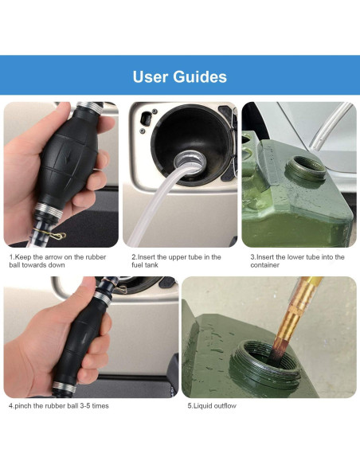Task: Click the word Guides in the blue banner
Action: tap(200, 76)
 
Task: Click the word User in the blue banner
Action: tap(151, 76)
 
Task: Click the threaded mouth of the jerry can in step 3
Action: tap(305, 168)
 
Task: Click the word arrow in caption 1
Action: tap(57, 257)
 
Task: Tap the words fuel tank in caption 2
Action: tap(145, 265)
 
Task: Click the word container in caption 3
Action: tap(264, 265)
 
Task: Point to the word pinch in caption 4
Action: tap(22, 406)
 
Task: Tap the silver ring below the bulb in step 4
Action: tap(64, 387)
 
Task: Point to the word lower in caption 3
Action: tap(284, 257)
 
